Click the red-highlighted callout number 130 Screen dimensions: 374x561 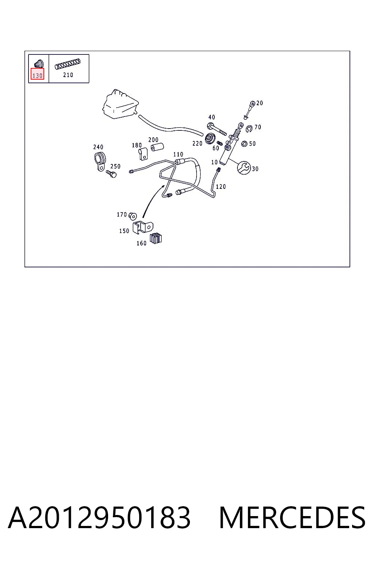(x=37, y=75)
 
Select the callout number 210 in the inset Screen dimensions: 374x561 (x=68, y=75)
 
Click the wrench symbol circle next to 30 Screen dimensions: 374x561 (x=244, y=168)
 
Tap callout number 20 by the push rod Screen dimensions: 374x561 (x=260, y=103)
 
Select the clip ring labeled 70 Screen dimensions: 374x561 (x=249, y=129)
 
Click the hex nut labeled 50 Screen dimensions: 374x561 (x=244, y=144)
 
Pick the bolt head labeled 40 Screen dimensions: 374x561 (x=210, y=125)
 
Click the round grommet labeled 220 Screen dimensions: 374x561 (x=210, y=138)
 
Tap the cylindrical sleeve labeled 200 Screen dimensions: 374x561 (x=157, y=147)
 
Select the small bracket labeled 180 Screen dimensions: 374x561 (x=143, y=154)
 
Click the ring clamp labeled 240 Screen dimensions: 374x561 (x=100, y=161)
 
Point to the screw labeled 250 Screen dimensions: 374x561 (x=111, y=174)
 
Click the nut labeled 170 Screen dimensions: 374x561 (x=133, y=215)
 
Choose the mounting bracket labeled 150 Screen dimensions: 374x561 (x=142, y=228)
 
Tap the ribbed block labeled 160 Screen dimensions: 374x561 (x=156, y=238)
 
